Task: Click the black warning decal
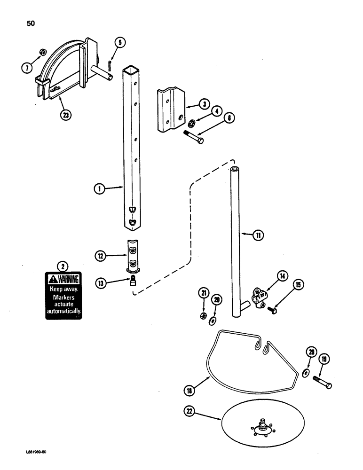[63, 296]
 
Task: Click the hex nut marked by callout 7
[42, 51]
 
